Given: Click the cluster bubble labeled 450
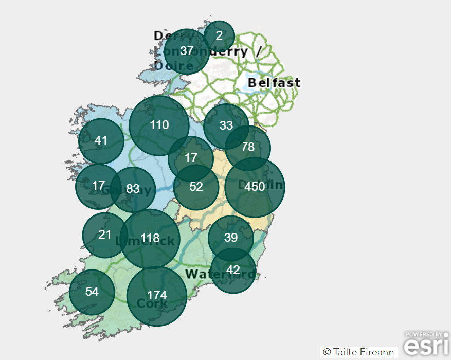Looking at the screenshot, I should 255,187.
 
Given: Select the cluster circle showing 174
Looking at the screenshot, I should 157,296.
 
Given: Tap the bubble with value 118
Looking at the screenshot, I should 150,239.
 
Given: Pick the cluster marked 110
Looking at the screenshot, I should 159,125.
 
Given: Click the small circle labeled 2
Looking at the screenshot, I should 219,36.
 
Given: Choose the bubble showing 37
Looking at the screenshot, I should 187,51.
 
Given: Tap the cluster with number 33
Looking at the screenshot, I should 226,126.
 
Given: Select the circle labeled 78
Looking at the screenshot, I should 248,148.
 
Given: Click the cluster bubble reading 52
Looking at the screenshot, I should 196,187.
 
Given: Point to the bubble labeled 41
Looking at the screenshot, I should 101,141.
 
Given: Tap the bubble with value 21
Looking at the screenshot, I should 105,235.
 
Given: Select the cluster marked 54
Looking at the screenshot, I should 92,292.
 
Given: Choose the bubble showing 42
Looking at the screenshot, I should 233,271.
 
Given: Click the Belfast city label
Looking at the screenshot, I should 274,83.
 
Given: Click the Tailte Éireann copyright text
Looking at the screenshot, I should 358,352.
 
